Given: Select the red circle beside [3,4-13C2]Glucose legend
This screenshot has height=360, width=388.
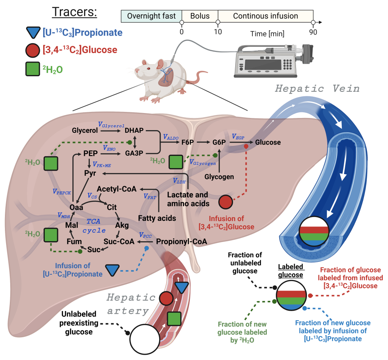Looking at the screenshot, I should [33, 50].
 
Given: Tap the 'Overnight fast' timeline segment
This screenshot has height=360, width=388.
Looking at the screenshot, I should [151, 16].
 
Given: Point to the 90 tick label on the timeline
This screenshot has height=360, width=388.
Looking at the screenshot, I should [313, 32].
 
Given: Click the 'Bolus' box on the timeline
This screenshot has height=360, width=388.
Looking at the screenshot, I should [199, 16].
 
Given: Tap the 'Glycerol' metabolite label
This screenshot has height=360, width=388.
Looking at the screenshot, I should [84, 130].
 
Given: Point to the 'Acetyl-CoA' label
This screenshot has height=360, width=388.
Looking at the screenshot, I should [114, 189].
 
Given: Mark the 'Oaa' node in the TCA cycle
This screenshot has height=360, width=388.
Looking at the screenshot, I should [77, 207].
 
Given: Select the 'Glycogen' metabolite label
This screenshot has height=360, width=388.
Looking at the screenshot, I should [219, 177].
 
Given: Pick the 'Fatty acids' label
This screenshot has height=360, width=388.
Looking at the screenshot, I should [157, 218].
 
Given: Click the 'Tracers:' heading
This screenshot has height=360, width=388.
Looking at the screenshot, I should [74, 12].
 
